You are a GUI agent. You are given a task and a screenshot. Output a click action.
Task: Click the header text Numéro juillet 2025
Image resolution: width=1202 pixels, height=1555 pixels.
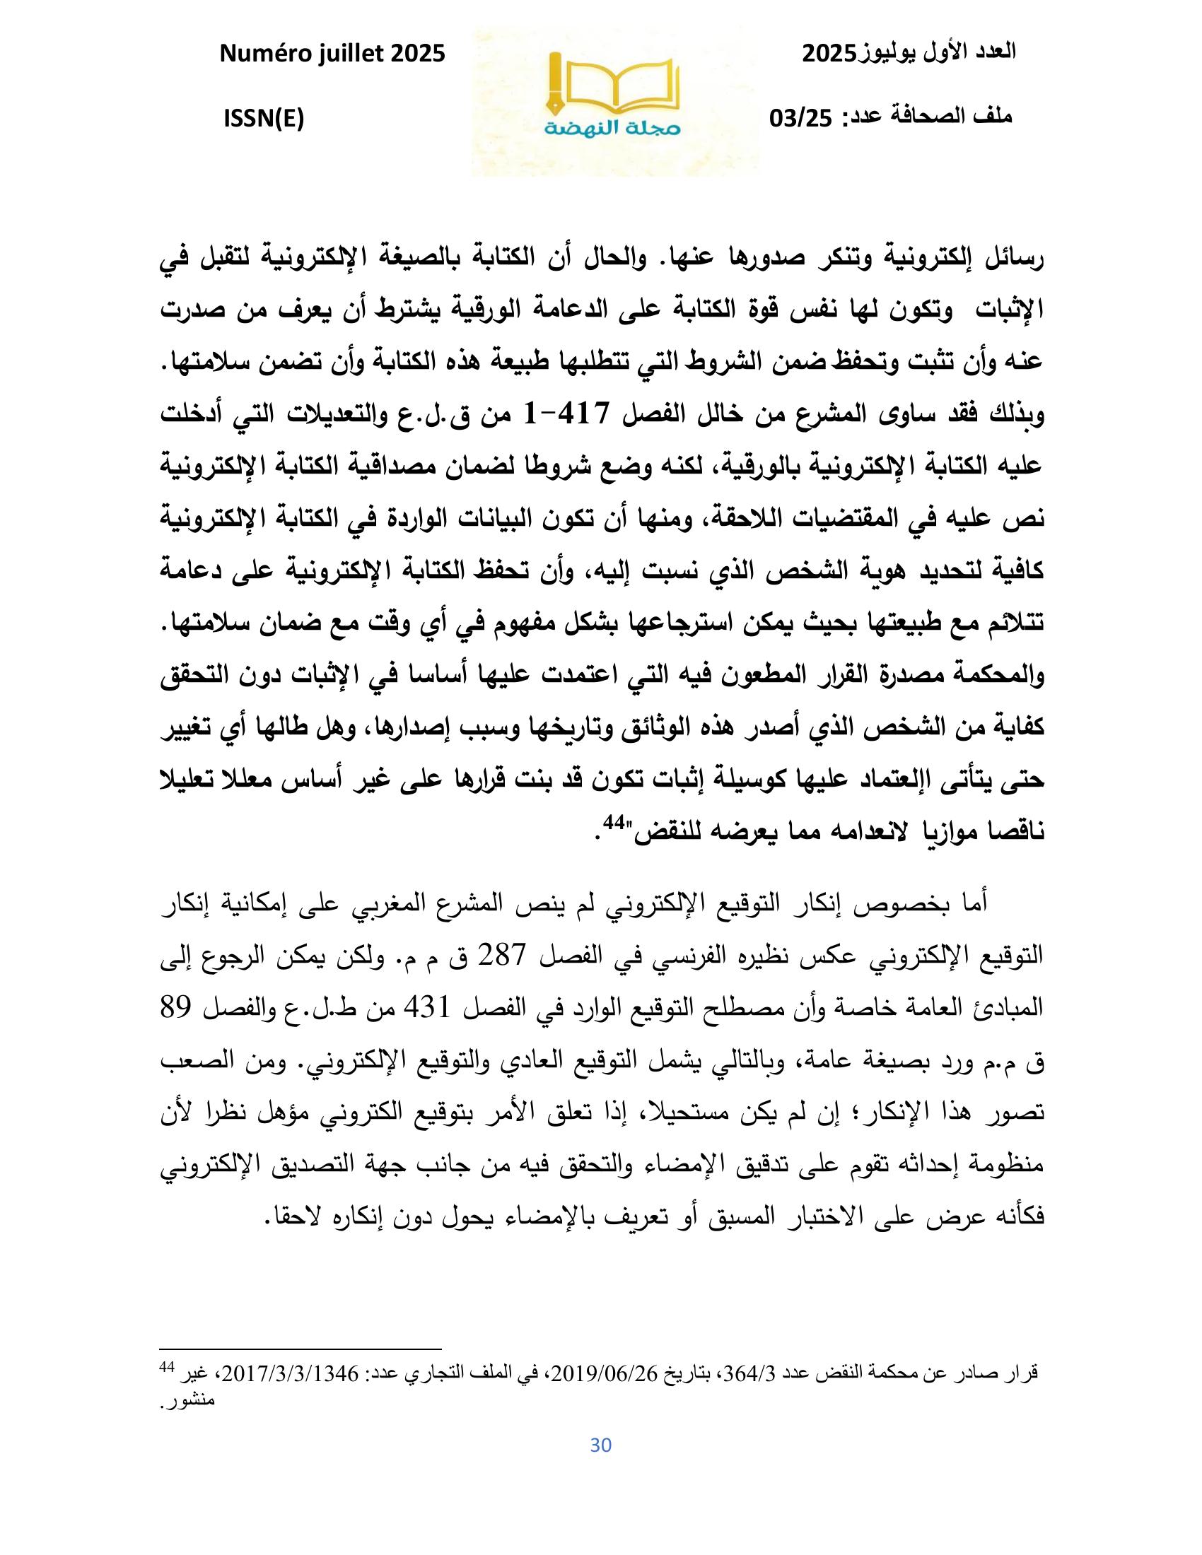point(332,53)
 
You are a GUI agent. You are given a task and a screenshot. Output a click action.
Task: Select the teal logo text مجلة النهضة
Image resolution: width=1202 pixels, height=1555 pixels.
point(614,128)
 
